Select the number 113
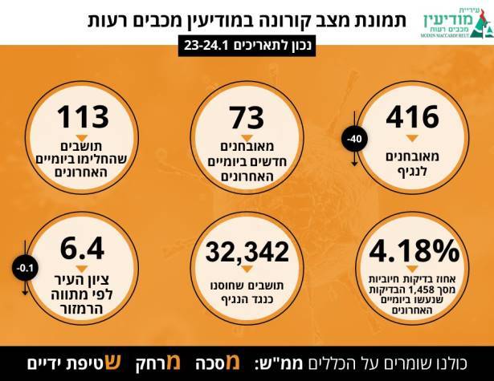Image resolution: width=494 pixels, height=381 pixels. pyautogui.click(x=83, y=116)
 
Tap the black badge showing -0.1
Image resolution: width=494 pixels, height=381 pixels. pyautogui.click(x=27, y=268)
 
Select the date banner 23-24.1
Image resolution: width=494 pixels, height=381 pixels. pyautogui.click(x=247, y=47)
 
